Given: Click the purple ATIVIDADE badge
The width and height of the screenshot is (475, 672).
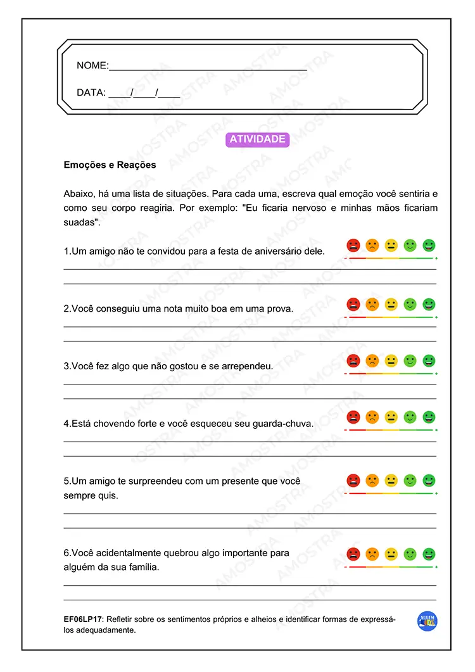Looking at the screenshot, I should tap(257, 139).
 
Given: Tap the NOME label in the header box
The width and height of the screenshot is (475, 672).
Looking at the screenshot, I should tap(92, 66).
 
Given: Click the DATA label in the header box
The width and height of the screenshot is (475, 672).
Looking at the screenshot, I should tap(91, 92).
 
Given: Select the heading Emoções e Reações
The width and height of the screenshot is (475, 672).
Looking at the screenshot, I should tap(110, 165).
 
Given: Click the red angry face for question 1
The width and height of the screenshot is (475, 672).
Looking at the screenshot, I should tap(353, 246).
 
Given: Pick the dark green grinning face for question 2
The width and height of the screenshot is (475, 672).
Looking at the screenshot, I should tap(429, 304).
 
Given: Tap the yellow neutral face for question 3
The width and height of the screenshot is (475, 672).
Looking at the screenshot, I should tap(391, 361).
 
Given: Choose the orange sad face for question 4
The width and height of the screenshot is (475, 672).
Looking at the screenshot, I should tap(372, 417).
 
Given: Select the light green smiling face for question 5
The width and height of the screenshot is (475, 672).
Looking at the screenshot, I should tap(410, 481).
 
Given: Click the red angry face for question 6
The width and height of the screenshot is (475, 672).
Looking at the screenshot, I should tap(353, 554).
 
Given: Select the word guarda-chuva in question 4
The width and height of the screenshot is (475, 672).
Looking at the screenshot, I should tap(284, 424).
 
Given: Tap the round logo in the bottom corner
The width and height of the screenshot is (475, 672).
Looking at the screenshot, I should tap(427, 621).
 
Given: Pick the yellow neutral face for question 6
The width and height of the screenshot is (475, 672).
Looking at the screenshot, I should tap(391, 554).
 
